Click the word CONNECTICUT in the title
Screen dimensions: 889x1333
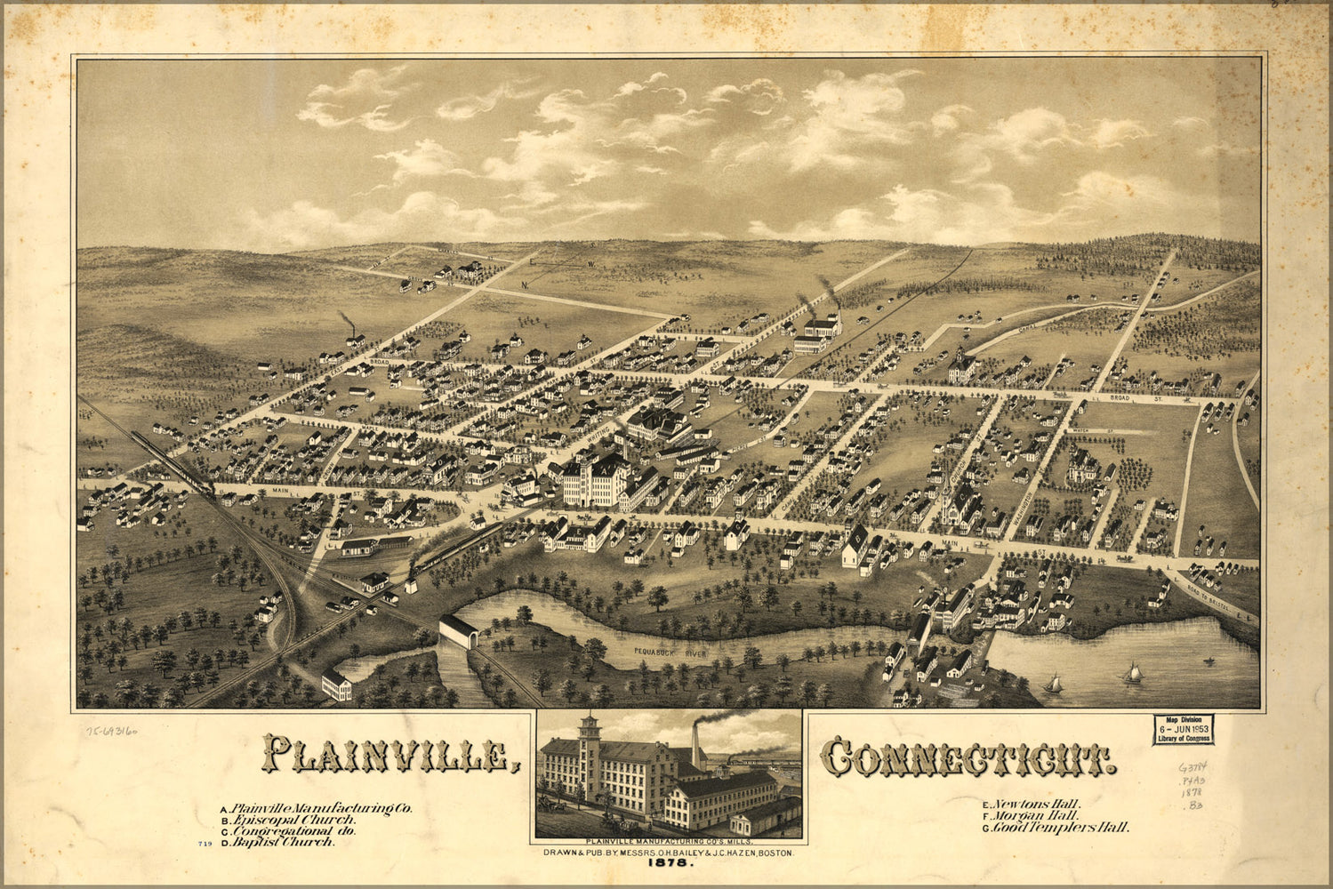pyautogui.click(x=967, y=757)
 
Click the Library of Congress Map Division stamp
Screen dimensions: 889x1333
pyautogui.click(x=1183, y=728)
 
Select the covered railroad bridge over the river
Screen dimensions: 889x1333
pyautogui.click(x=459, y=632)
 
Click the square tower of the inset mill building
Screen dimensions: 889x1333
pyautogui.click(x=588, y=756)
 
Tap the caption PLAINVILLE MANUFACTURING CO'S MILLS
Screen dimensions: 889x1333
pyautogui.click(x=668, y=841)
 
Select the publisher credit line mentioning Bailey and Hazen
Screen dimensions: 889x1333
pyautogui.click(x=668, y=852)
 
